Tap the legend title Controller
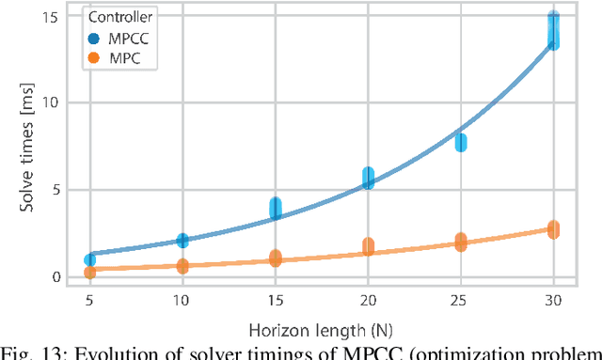[118, 18]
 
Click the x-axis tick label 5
[89, 299]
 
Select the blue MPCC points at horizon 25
[461, 142]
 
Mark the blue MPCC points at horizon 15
[276, 209]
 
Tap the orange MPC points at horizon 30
[554, 229]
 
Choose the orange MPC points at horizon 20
[368, 246]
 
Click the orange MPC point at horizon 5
[89, 273]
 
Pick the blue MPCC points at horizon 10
[182, 241]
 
